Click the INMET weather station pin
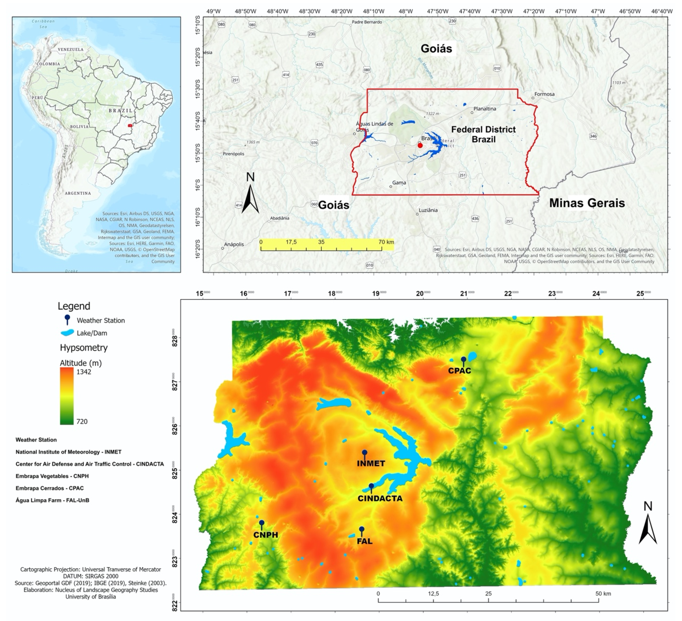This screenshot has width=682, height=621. [x=364, y=453]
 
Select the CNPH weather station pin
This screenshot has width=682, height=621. [x=261, y=523]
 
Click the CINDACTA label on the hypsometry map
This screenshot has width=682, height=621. [x=380, y=499]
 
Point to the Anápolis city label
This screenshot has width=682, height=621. [x=234, y=244]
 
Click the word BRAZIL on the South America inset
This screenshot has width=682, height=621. [x=120, y=110]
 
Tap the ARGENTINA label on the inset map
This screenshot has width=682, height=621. [x=78, y=193]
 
